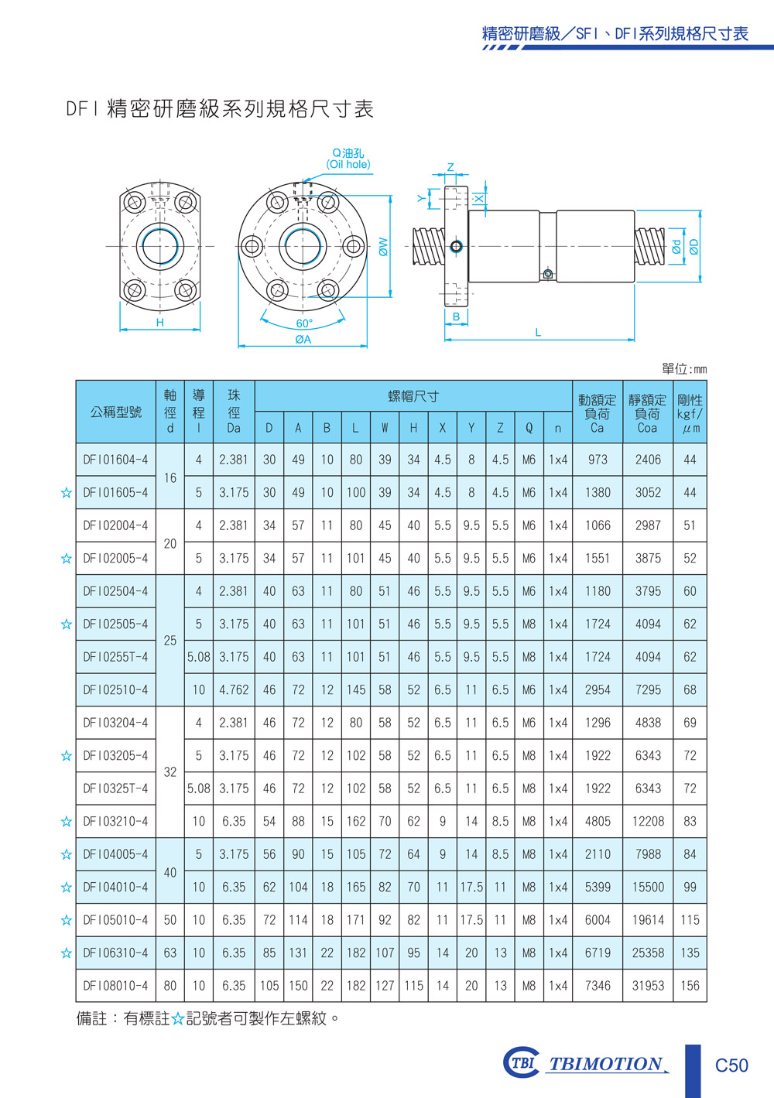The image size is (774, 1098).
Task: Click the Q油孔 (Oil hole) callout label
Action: coord(348,159)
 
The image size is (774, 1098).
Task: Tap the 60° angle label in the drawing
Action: coord(304,323)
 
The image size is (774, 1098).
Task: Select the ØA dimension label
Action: coord(303,339)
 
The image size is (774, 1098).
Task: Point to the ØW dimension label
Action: coord(383,247)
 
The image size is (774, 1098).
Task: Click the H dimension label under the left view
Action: coord(159,323)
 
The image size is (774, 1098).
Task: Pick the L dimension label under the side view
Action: coord(538,333)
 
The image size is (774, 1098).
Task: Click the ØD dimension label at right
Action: coord(694,247)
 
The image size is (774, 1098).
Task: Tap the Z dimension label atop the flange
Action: coord(450,167)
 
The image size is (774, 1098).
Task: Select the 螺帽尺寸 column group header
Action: coord(413,396)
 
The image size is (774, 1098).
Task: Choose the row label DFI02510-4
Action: coord(115,689)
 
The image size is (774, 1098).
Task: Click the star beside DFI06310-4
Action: coord(66,953)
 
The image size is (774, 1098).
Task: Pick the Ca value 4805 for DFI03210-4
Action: coord(598,821)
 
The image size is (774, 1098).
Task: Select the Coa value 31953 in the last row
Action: coord(648,986)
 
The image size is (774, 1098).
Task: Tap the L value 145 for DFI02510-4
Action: coord(356,689)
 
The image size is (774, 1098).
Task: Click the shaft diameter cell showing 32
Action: coord(170,772)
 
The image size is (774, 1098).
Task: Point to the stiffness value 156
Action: coord(690,986)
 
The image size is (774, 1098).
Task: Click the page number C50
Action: coord(731,1066)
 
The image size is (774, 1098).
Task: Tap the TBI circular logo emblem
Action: coord(521,1062)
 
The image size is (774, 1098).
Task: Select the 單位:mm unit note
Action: coord(684,369)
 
